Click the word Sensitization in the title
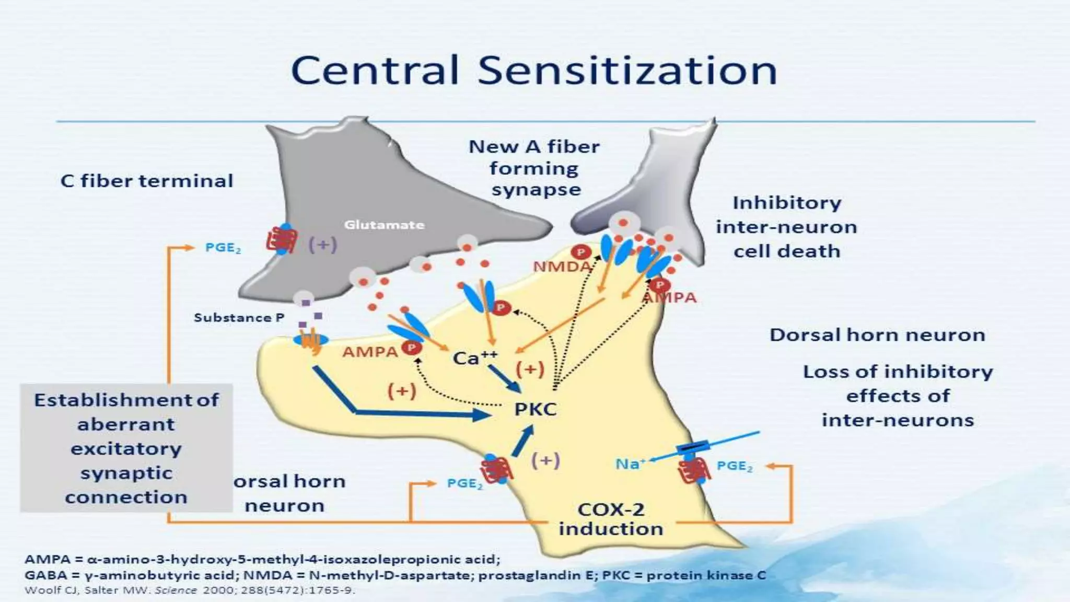[627, 71]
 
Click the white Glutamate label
[384, 225]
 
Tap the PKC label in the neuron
[535, 409]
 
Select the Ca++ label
[474, 358]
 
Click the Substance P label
[239, 318]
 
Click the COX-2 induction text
[610, 519]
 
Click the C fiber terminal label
[147, 181]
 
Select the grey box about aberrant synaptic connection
[126, 448]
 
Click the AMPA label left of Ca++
[370, 352]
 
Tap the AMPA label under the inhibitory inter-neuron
[670, 298]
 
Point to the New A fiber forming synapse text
[534, 168]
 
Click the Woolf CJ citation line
[190, 591]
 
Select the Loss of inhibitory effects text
[897, 396]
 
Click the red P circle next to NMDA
[580, 252]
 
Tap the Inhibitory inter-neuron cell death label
[786, 227]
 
